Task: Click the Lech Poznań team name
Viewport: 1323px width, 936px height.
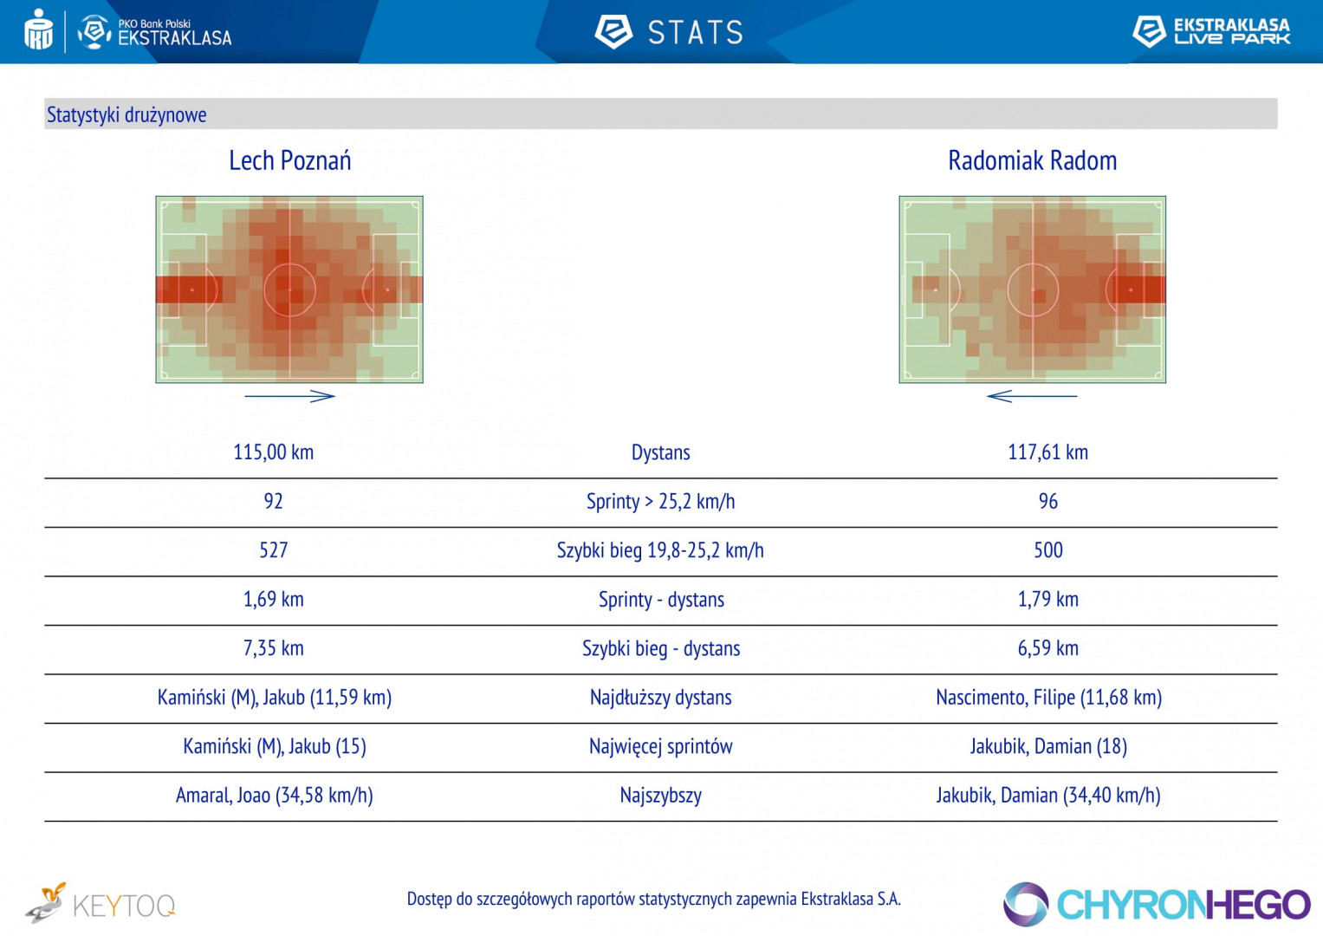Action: pyautogui.click(x=289, y=161)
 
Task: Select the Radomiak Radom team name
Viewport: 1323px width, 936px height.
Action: pyautogui.click(x=1032, y=161)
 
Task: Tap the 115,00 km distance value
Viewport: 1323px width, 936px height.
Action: pyautogui.click(x=273, y=452)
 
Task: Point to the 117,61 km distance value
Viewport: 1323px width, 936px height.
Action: pyautogui.click(x=1047, y=452)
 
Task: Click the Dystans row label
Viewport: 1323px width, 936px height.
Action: pyautogui.click(x=660, y=452)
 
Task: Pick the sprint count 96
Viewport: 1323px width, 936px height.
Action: pyautogui.click(x=1047, y=502)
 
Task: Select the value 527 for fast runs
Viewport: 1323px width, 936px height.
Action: pyautogui.click(x=273, y=550)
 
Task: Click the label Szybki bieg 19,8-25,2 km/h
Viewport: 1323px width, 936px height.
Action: pyautogui.click(x=660, y=550)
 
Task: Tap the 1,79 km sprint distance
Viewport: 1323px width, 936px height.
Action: pyautogui.click(x=1047, y=600)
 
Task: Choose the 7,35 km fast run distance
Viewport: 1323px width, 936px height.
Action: pyautogui.click(x=273, y=648)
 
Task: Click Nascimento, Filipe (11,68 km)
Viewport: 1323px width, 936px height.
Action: pyautogui.click(x=1048, y=698)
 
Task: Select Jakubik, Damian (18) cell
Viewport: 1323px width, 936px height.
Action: pyautogui.click(x=1048, y=746)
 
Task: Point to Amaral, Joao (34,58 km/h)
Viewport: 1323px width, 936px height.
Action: pyautogui.click(x=274, y=796)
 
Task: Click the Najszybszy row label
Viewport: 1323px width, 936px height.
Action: pyautogui.click(x=660, y=796)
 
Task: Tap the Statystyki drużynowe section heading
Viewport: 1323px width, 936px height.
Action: pyautogui.click(x=126, y=115)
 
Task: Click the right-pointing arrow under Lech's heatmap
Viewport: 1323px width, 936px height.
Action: pyautogui.click(x=289, y=396)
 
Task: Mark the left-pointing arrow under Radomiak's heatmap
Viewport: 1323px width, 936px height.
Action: pyautogui.click(x=1031, y=396)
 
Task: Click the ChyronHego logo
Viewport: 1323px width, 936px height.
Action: pyautogui.click(x=1157, y=905)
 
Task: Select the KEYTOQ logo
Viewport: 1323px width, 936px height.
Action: pyautogui.click(x=101, y=905)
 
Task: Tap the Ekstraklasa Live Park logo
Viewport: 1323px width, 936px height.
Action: pyautogui.click(x=1211, y=31)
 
